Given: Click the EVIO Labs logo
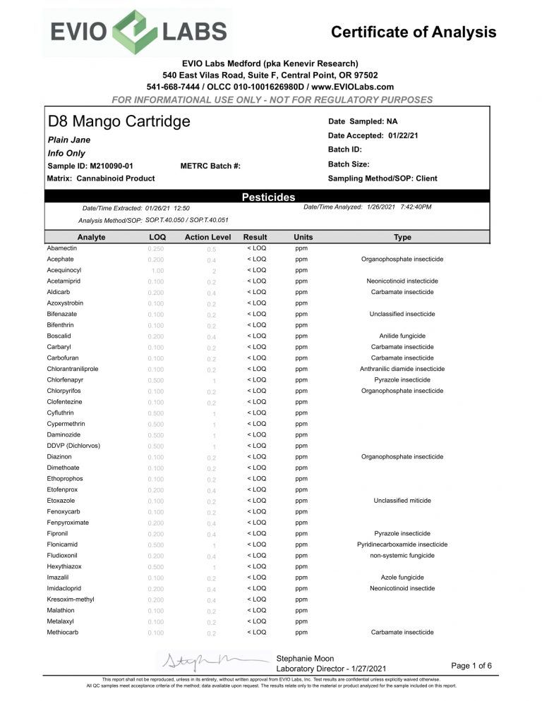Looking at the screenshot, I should coord(138,32).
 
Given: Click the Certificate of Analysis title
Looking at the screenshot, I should coord(413,32).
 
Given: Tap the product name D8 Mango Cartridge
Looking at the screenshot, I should coord(119,121).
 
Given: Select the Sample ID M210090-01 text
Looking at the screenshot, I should coord(90,166).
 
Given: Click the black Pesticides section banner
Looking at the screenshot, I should coord(268,197).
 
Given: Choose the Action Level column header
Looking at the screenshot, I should coord(207,237).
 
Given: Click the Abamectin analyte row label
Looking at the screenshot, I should coord(62,248).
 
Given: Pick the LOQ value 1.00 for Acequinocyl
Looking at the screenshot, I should coord(157,270).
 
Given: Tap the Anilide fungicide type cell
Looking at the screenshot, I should coord(402,336).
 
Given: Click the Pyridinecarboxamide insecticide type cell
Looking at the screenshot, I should coord(402,544).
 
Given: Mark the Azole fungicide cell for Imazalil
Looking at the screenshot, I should coord(402,578).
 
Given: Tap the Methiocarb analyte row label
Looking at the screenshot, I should coord(63,633).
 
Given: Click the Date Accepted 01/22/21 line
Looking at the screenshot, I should coord(373,135).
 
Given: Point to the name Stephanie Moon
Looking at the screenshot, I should coord(306,657).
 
